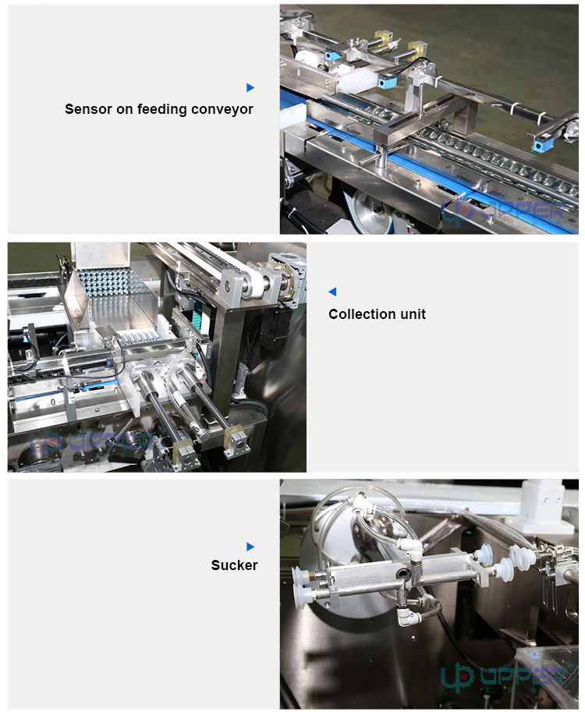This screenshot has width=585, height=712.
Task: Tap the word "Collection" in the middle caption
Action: tap(362, 314)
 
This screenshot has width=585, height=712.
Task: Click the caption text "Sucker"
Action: tap(234, 565)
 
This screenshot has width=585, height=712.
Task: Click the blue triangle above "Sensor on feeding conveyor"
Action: tap(250, 87)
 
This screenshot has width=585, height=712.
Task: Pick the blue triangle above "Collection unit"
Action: tap(332, 292)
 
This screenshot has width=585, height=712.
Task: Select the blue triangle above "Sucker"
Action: tap(250, 547)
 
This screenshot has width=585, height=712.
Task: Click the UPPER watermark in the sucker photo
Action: tap(507, 675)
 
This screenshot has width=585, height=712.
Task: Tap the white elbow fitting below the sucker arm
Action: tap(406, 617)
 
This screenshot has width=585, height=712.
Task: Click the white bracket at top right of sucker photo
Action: tap(541, 496)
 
